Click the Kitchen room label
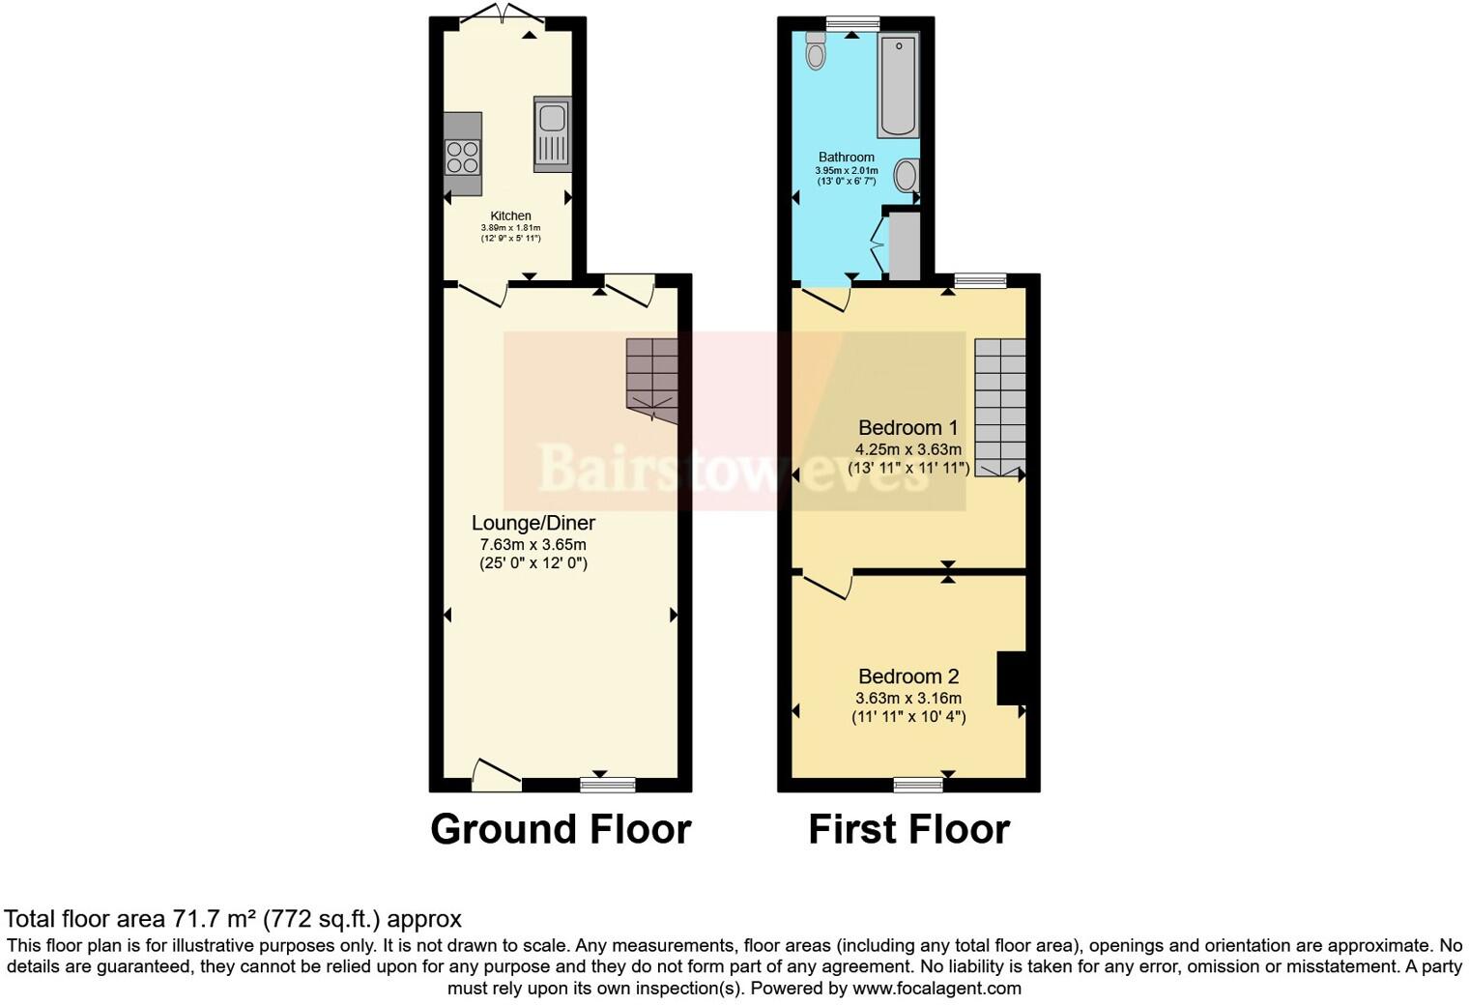[510, 215]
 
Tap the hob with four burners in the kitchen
[463, 157]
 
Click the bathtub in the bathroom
[898, 84]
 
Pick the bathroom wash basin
[906, 176]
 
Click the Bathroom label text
[847, 157]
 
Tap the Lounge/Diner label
[533, 523]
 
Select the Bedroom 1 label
[907, 427]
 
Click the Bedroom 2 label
[907, 676]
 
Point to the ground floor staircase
[651, 377]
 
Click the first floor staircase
[999, 406]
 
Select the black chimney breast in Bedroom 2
[1010, 678]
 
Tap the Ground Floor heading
[561, 829]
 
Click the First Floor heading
[908, 829]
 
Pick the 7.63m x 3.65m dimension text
[533, 545]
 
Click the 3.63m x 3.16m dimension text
[907, 698]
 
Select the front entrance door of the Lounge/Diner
[497, 774]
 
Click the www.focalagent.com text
[936, 988]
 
